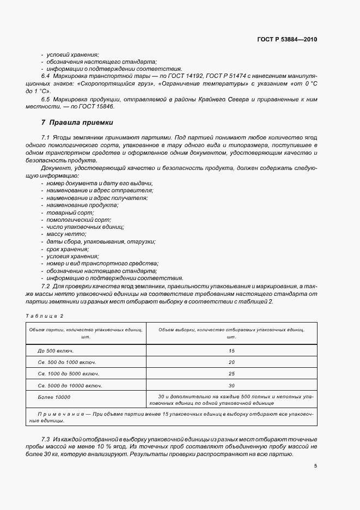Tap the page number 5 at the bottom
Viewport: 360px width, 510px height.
[316, 466]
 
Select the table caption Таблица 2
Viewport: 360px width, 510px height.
[45, 316]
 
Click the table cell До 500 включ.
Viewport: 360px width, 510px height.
[56, 351]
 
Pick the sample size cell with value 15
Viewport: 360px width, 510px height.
[231, 351]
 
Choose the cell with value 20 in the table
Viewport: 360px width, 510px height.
[231, 362]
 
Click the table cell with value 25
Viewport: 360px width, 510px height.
[231, 374]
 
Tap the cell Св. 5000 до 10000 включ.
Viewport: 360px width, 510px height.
[70, 385]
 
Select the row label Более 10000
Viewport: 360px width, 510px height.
[54, 397]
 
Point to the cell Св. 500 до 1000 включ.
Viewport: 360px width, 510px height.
[67, 362]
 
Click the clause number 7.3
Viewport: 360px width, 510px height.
[46, 439]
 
